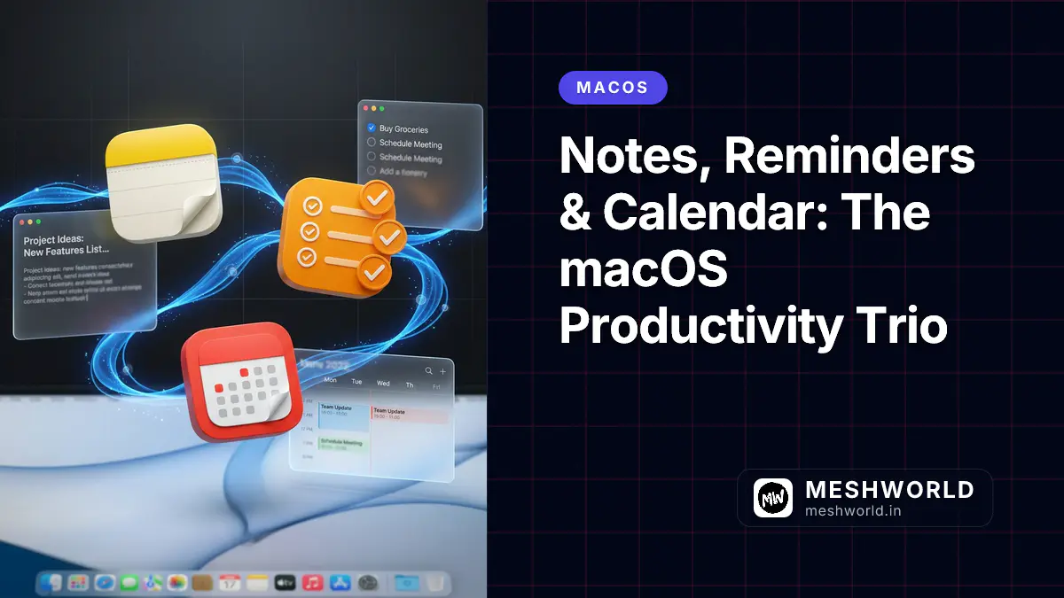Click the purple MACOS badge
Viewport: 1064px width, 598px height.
[x=613, y=88]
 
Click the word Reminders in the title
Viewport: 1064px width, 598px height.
[x=849, y=157]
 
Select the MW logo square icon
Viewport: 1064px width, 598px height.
[x=773, y=498]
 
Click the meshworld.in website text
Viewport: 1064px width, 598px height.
[x=854, y=510]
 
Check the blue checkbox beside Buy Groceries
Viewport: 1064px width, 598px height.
[x=372, y=128]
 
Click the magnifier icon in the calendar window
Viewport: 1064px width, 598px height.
[x=429, y=371]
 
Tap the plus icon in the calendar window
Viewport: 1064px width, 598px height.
[x=442, y=371]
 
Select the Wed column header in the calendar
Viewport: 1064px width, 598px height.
[x=383, y=384]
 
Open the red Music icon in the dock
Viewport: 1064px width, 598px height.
[x=311, y=583]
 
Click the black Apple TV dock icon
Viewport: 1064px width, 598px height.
[x=285, y=583]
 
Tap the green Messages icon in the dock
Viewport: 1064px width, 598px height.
[x=129, y=583]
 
